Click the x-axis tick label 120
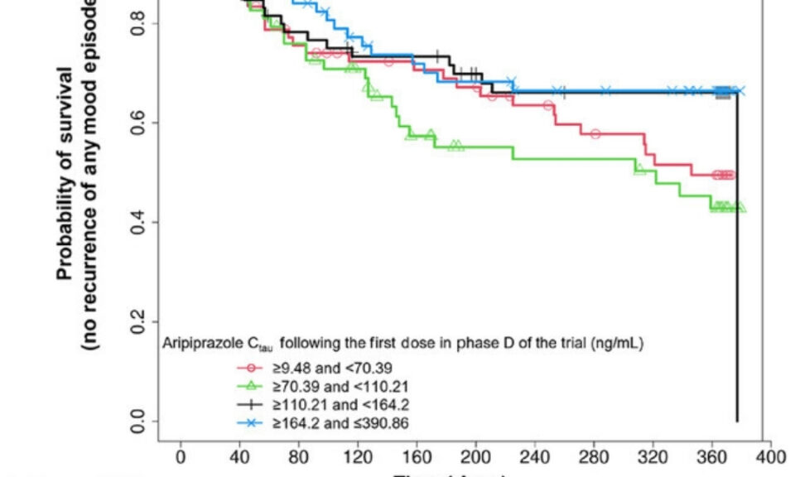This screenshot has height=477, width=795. click(359, 456)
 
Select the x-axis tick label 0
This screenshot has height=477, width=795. click(181, 456)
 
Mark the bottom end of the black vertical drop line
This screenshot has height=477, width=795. click(737, 421)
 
